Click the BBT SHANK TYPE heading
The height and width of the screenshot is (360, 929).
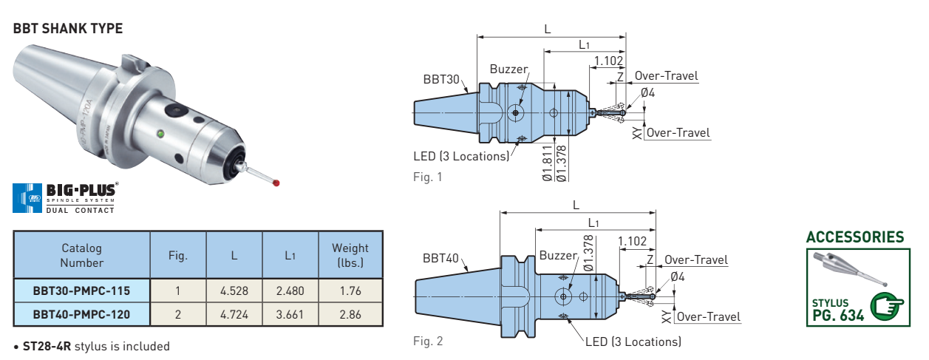click(68, 29)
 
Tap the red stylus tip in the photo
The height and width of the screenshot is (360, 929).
click(276, 183)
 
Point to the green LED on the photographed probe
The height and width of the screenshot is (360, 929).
click(161, 134)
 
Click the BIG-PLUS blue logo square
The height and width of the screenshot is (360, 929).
click(27, 198)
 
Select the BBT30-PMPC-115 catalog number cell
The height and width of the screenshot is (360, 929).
click(82, 291)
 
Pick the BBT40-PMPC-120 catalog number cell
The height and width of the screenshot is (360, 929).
click(82, 314)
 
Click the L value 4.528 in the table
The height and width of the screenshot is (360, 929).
click(234, 291)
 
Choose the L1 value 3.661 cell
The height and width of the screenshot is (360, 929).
click(290, 314)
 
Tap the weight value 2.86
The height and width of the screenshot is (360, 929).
click(350, 314)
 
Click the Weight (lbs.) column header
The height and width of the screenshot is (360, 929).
click(350, 255)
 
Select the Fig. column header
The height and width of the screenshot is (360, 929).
click(178, 255)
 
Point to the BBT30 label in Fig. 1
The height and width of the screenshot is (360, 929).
click(441, 79)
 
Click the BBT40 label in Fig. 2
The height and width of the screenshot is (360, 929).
click(440, 259)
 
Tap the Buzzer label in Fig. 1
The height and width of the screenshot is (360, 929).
click(509, 69)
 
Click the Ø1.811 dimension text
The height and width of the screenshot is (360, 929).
click(547, 163)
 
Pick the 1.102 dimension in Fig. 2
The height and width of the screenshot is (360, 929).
click(632, 241)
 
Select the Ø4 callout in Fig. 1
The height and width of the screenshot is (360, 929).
click(648, 92)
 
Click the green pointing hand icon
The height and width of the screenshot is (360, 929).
click(887, 307)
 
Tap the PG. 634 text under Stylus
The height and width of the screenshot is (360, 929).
click(838, 316)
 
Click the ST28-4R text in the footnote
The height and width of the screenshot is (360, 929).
click(47, 346)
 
